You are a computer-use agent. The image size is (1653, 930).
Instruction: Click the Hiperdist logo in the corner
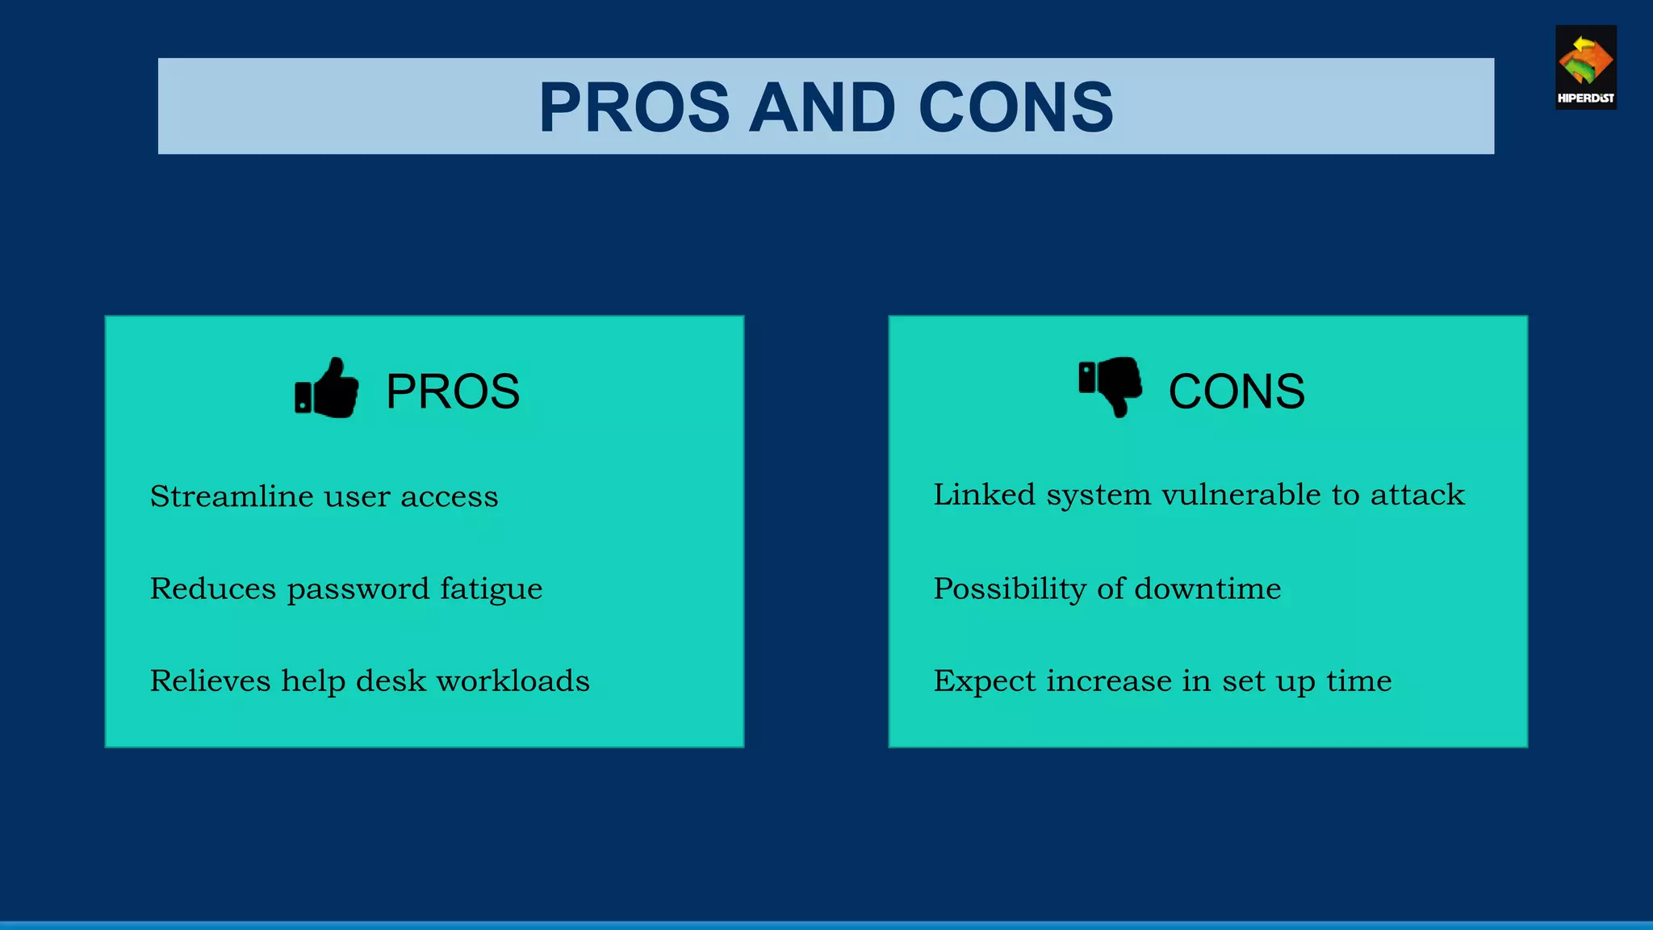[1585, 68]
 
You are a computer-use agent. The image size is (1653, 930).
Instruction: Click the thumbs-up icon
[327, 389]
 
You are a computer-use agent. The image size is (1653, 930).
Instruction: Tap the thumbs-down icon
[1111, 386]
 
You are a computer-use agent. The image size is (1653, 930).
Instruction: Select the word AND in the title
[822, 107]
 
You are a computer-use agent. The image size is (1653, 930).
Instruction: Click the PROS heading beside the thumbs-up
[452, 392]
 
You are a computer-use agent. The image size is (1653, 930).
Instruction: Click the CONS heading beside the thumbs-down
[1236, 392]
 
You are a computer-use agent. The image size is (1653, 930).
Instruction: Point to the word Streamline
[232, 496]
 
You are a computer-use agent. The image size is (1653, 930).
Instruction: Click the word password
[358, 589]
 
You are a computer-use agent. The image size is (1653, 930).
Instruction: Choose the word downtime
[1207, 589]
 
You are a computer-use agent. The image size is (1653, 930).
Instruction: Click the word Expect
[984, 681]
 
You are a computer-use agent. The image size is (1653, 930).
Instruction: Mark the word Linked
[984, 495]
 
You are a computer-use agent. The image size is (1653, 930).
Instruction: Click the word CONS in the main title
[1015, 107]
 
